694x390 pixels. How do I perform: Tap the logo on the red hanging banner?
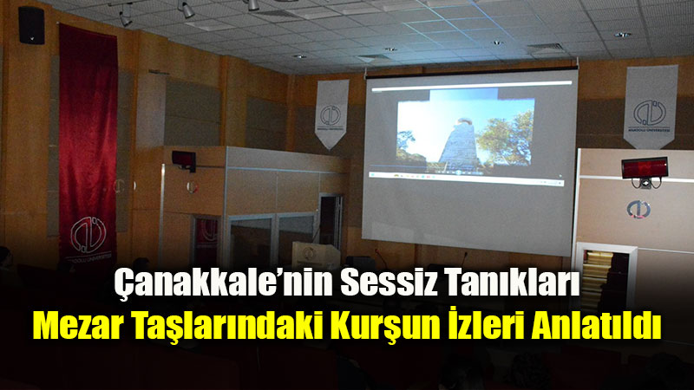[x=87, y=234]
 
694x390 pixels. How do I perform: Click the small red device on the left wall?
[x=183, y=158]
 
